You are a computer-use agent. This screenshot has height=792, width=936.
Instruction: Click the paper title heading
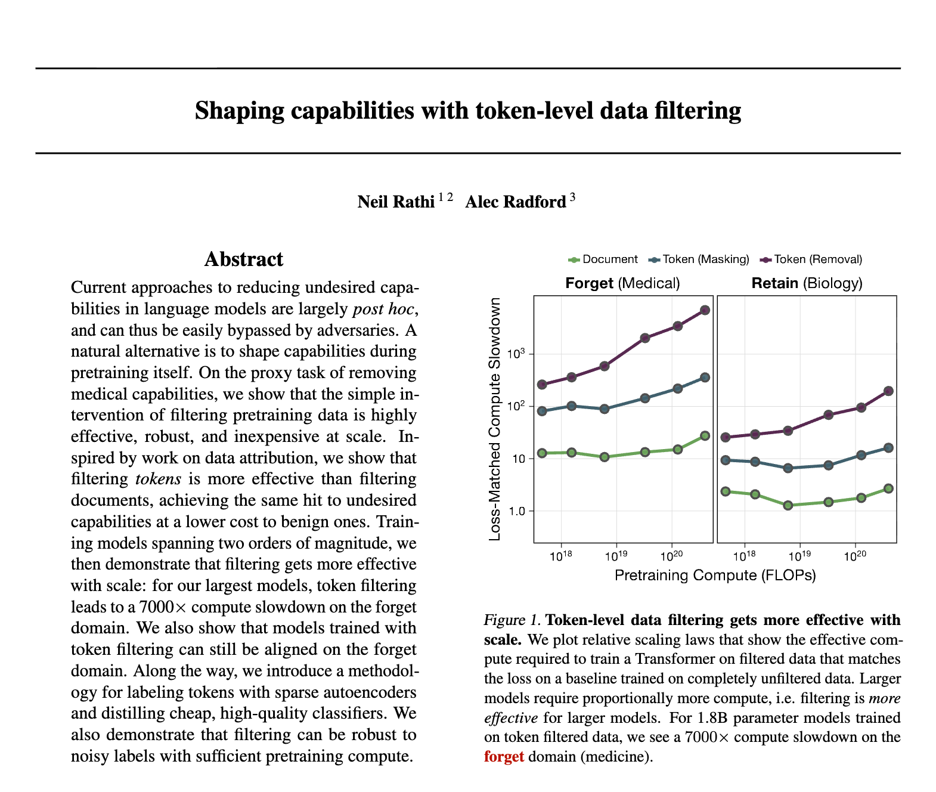468,111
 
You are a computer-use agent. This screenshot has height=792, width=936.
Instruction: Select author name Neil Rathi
396,202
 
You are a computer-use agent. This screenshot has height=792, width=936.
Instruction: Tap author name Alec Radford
515,202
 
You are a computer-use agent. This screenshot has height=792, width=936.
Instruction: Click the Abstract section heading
244,259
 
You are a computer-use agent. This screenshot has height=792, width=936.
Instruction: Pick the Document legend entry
603,259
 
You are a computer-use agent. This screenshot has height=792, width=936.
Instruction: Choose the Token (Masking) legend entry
699,259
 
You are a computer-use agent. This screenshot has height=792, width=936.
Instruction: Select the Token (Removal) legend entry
812,259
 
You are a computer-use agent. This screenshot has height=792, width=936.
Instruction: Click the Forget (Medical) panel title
622,283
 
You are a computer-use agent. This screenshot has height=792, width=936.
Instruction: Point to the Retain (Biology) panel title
807,283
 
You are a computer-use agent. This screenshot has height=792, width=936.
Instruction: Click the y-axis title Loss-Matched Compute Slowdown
494,419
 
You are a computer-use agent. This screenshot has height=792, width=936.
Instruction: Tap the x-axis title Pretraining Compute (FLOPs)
715,576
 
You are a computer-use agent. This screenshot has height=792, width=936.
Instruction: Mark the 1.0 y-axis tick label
516,511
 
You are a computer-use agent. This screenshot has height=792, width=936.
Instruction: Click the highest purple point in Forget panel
705,310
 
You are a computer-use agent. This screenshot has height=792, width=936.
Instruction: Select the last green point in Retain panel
888,488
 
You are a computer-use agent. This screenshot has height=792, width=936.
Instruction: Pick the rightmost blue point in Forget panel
705,378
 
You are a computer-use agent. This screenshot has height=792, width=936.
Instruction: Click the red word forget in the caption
504,757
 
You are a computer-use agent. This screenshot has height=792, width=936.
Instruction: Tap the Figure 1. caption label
512,620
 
